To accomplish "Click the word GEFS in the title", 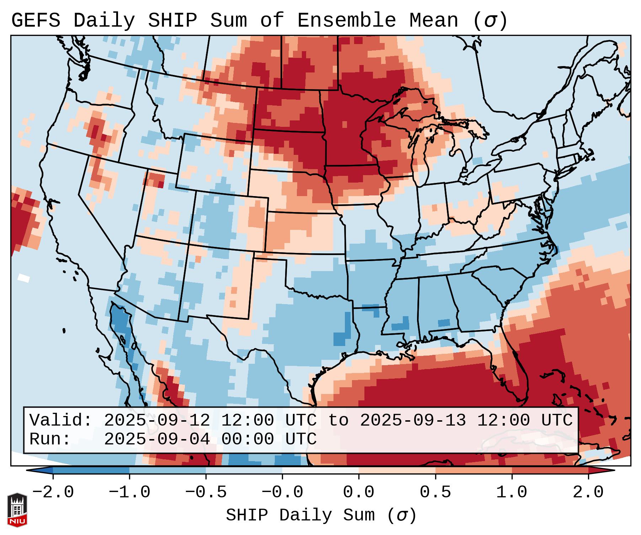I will click(x=36, y=21).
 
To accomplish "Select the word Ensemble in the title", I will click(x=346, y=21).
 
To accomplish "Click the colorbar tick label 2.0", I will click(x=588, y=492).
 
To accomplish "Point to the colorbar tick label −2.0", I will click(x=53, y=492).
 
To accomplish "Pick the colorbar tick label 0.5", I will click(x=435, y=492).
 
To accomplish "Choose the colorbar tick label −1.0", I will click(x=129, y=492).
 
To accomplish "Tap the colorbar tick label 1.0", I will click(x=512, y=492).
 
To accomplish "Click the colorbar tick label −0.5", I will click(x=206, y=492).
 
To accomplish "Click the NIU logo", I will click(x=17, y=510).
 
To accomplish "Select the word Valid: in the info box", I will click(x=61, y=420).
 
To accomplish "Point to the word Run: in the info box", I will click(x=50, y=439).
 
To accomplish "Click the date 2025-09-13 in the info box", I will click(x=413, y=420).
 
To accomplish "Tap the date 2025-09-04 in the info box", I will click(x=157, y=439).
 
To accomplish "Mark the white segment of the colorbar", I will click(x=320, y=470).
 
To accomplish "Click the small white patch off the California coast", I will click(x=24, y=277).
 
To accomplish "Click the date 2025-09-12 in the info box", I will click(x=157, y=420).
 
